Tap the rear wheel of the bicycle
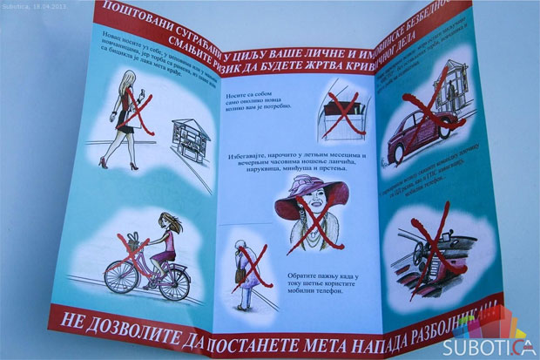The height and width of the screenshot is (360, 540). pyautogui.click(x=122, y=276)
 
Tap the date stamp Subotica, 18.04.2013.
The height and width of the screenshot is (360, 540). pyautogui.click(x=38, y=5)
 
